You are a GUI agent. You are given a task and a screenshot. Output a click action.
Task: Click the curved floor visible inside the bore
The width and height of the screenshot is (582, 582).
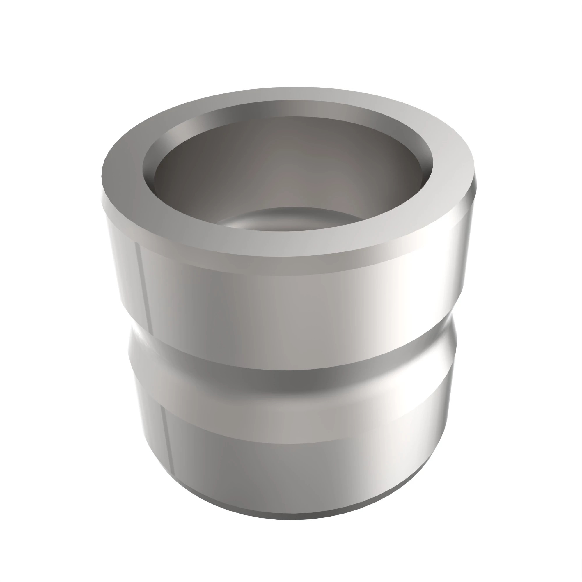pyautogui.click(x=289, y=220)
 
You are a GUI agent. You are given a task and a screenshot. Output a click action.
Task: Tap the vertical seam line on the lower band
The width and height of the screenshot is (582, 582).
pyautogui.click(x=168, y=440)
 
